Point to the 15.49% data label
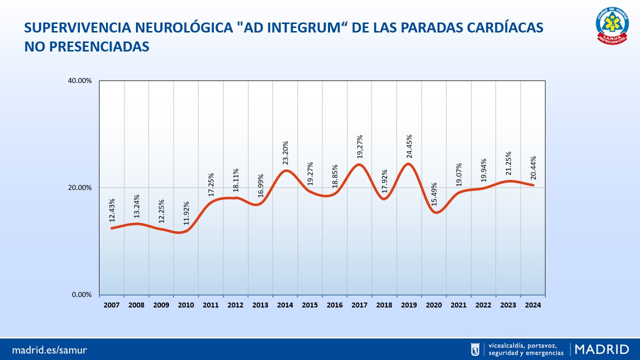click(x=434, y=194)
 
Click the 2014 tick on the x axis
click(x=285, y=304)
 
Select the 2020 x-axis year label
click(x=433, y=304)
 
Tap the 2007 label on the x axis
click(x=111, y=304)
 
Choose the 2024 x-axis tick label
click(x=532, y=304)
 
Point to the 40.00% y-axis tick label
click(x=80, y=81)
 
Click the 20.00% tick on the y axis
click(x=80, y=188)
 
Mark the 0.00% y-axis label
click(x=82, y=294)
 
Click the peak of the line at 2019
click(x=408, y=164)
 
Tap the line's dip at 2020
click(x=436, y=212)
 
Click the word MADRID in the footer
click(x=602, y=349)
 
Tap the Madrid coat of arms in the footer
click(x=475, y=349)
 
